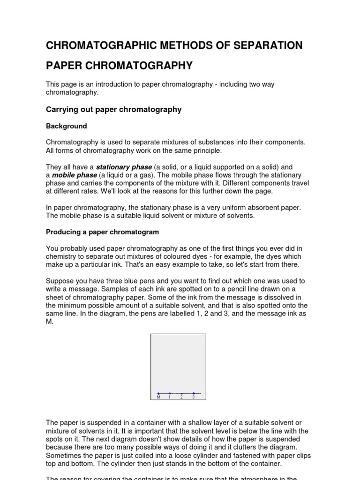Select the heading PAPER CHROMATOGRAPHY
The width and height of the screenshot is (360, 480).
point(119,65)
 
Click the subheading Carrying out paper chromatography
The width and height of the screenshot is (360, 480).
point(113,109)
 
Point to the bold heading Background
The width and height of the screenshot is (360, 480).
point(66,126)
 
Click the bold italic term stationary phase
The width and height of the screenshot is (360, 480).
point(124,167)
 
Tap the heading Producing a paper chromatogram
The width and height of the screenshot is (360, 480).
point(102,232)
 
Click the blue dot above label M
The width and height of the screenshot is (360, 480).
point(158,393)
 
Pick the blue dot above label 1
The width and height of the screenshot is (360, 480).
point(170,393)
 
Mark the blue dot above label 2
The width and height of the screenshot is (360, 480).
point(181,393)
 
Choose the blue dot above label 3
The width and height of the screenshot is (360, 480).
point(193,393)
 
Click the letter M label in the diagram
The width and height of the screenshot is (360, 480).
point(158,397)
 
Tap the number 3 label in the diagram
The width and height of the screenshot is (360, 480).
point(193,397)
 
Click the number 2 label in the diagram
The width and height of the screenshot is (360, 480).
point(181,397)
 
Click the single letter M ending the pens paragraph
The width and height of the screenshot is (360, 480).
point(49,322)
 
